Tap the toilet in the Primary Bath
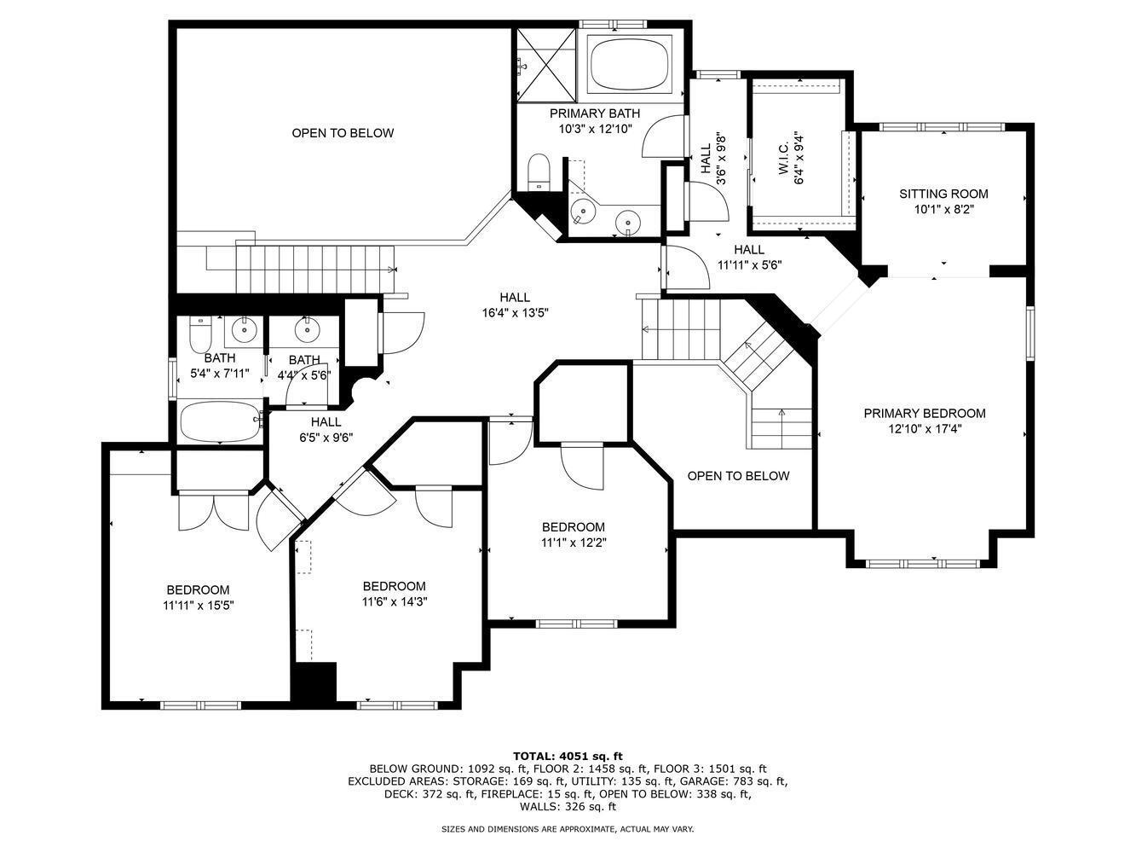click(x=539, y=172)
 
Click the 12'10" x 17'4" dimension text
click(x=925, y=429)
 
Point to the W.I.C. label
click(x=783, y=159)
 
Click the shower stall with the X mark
click(x=546, y=65)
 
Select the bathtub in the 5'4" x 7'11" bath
click(x=221, y=421)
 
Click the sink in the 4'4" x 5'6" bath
click(x=308, y=329)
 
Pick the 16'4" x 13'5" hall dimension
click(x=515, y=313)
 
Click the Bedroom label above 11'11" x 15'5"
click(x=198, y=589)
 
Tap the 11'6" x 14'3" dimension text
click(x=395, y=601)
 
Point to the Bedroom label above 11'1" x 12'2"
click(x=573, y=526)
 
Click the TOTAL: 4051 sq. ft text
click(x=568, y=757)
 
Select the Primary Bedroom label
click(x=925, y=414)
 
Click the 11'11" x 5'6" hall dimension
click(x=749, y=265)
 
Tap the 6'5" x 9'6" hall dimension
click(x=326, y=438)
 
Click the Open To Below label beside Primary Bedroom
click(x=738, y=476)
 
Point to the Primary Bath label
click(x=594, y=113)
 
